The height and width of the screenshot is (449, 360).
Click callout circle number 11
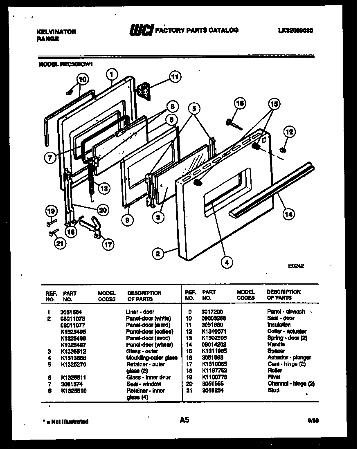pos(175,76)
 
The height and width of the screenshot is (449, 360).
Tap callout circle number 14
pos(289,214)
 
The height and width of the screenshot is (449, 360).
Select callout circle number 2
pos(157,254)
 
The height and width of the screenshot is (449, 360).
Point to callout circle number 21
pos(60,245)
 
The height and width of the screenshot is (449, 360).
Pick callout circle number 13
pos(104,189)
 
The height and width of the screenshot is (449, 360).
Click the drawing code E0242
pos(296,266)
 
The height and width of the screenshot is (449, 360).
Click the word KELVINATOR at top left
pos(56,31)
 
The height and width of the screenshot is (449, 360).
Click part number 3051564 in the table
pos(70,312)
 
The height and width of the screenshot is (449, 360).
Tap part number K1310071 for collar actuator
pos(214,331)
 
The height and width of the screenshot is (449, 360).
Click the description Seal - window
pos(143,384)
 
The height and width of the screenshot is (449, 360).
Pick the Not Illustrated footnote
pos(65,421)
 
